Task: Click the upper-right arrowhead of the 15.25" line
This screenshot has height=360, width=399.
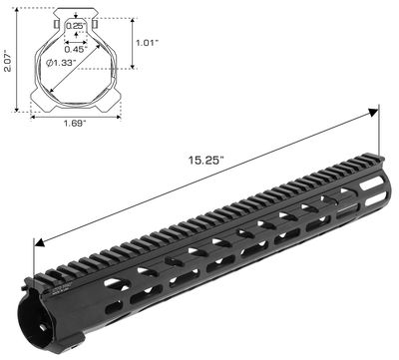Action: [x=379, y=110]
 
